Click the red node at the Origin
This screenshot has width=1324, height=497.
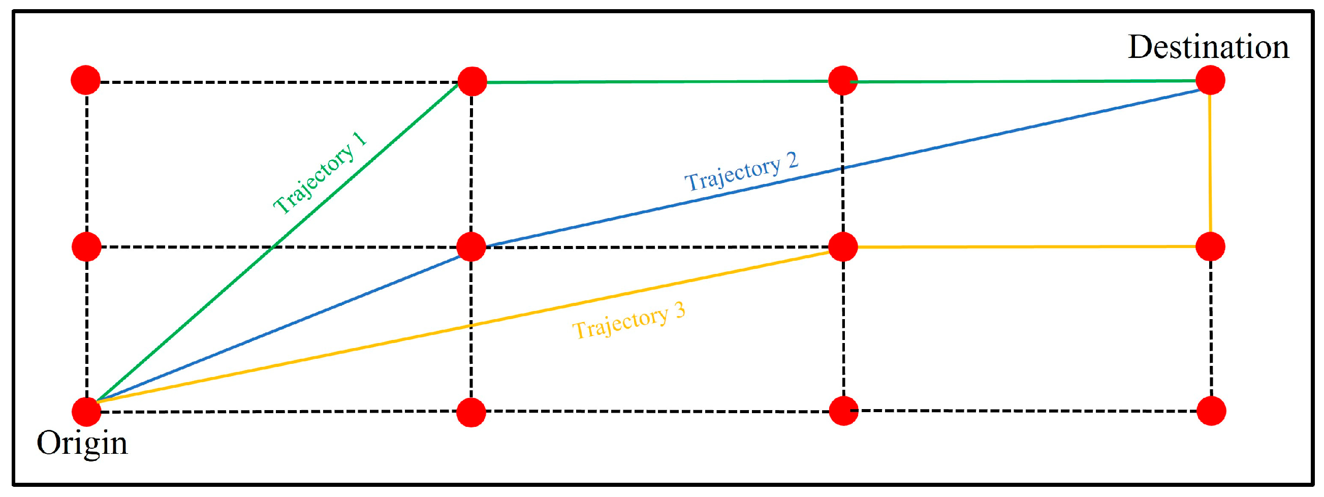click(x=86, y=411)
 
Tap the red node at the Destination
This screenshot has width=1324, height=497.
click(x=1210, y=80)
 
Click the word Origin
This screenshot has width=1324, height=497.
click(x=82, y=443)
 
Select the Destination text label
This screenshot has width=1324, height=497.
click(x=1208, y=47)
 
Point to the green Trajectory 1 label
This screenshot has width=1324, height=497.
click(x=320, y=173)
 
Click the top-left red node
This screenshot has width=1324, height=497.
click(x=85, y=80)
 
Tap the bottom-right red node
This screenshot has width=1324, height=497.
click(x=1211, y=411)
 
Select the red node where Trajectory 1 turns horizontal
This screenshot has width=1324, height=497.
click(x=472, y=81)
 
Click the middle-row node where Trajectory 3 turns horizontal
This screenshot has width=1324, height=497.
click(x=843, y=246)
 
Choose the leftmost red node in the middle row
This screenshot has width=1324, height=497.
click(x=86, y=246)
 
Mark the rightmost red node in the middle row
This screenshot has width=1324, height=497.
click(x=1210, y=246)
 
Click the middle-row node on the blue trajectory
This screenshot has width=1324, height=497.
click(x=471, y=246)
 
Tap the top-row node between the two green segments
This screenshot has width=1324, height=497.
click(x=843, y=81)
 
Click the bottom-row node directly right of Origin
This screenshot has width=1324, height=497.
click(x=471, y=412)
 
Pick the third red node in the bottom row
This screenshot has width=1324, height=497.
click(x=843, y=411)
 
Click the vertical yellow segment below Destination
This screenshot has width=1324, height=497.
click(x=1210, y=165)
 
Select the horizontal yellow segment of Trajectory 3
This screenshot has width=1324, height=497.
click(x=1028, y=246)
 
